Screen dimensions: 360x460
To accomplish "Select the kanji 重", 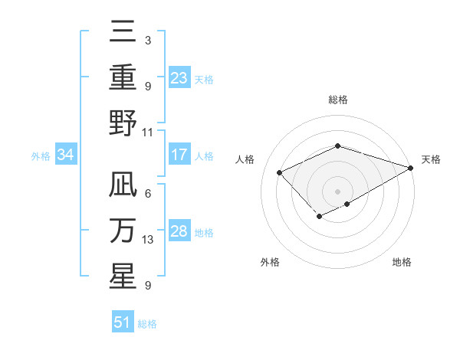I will [x=123, y=77].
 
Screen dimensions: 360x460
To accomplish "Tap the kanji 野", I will [x=123, y=123].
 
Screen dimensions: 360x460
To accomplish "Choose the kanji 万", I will [x=123, y=231].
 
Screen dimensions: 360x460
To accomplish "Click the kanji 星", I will [x=123, y=276].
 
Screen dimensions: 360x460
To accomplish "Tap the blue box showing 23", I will [x=179, y=78].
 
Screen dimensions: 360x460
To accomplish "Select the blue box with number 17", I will [x=179, y=155].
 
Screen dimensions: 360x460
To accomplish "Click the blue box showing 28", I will [x=179, y=231].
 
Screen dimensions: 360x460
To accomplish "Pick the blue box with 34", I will [x=66, y=155].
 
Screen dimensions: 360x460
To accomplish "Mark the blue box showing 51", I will [x=123, y=322].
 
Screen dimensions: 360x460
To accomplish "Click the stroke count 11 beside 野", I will [x=148, y=132].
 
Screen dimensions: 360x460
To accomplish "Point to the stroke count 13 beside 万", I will [x=148, y=240].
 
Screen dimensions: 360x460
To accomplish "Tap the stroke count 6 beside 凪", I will [x=147, y=193].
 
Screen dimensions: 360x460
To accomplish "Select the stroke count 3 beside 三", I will [x=147, y=40].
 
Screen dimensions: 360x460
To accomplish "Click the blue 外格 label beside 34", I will [x=41, y=156].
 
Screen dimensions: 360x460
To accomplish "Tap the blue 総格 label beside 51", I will [x=147, y=324].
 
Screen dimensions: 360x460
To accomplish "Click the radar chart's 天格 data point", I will [x=411, y=167].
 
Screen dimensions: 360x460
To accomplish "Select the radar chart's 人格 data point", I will [x=280, y=173].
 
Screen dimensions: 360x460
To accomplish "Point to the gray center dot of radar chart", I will [x=337, y=190].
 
